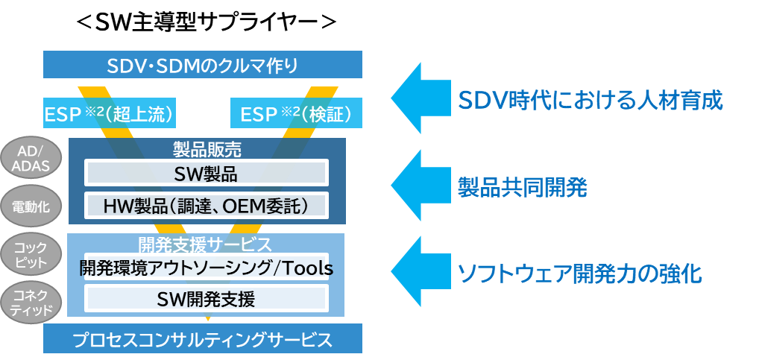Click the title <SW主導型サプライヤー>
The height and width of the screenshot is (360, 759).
pyautogui.click(x=206, y=22)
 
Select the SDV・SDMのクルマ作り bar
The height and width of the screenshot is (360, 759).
pyautogui.click(x=203, y=64)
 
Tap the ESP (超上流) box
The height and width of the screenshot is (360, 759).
pyautogui.click(x=109, y=113)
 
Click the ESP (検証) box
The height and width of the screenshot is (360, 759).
pyautogui.click(x=296, y=113)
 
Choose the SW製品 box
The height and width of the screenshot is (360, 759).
pyautogui.click(x=207, y=173)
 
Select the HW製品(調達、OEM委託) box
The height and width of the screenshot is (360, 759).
pyautogui.click(x=207, y=206)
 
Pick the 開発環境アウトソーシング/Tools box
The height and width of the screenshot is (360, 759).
pyautogui.click(x=207, y=267)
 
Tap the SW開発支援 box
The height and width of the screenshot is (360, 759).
pyautogui.click(x=207, y=298)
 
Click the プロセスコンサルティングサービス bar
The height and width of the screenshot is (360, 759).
pyautogui.click(x=203, y=338)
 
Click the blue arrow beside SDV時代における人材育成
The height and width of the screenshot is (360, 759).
pyautogui.click(x=420, y=98)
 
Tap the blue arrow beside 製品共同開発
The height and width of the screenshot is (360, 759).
pyautogui.click(x=420, y=185)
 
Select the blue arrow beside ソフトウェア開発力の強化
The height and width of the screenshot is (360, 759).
pyautogui.click(x=420, y=272)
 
